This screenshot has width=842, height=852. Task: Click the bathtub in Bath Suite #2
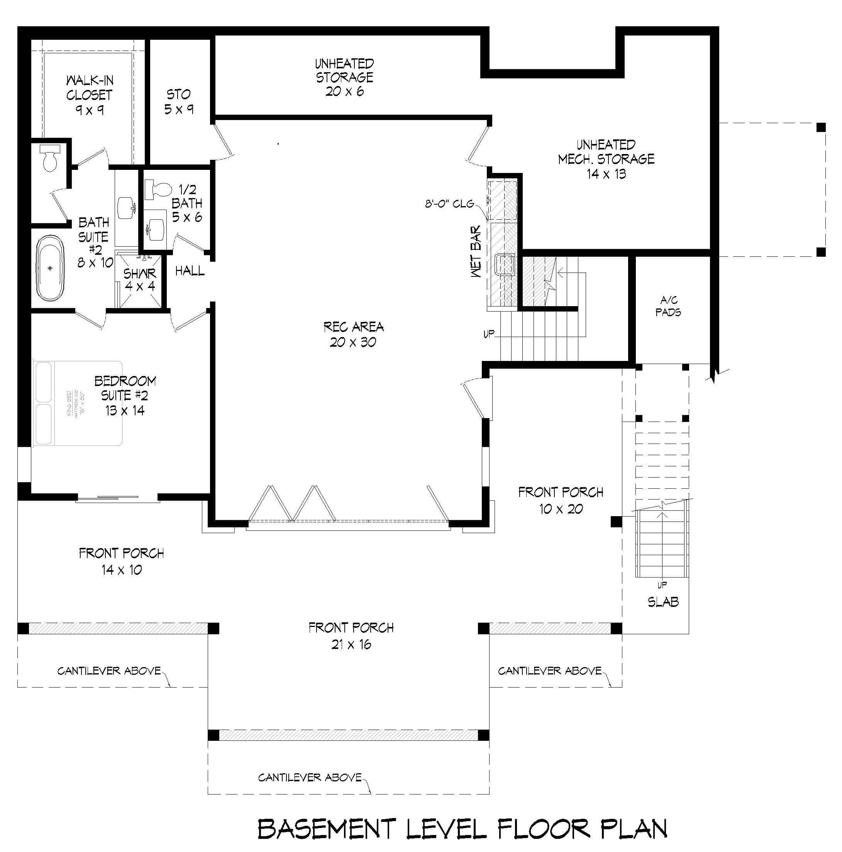point(50,268)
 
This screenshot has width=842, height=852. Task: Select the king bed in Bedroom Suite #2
point(78,403)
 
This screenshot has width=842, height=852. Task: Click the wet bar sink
point(505,264)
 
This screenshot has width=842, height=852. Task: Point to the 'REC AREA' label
point(353,327)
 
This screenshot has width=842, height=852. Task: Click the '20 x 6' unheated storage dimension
point(344,91)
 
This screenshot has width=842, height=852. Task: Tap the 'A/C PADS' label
point(668,306)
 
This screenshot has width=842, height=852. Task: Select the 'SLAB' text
point(663,602)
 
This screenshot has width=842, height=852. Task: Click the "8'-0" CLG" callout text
point(449,204)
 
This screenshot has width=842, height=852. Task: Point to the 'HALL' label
point(190,270)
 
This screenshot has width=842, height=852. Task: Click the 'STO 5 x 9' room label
point(179,102)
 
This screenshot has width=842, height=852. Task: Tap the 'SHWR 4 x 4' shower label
point(139,279)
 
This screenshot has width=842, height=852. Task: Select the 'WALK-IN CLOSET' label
point(89,87)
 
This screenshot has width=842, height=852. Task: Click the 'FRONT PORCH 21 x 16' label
point(351,635)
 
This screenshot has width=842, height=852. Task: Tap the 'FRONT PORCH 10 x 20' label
point(561,500)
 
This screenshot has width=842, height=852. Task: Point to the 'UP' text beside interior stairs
point(489,334)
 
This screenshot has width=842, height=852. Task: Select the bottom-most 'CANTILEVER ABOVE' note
point(310,777)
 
